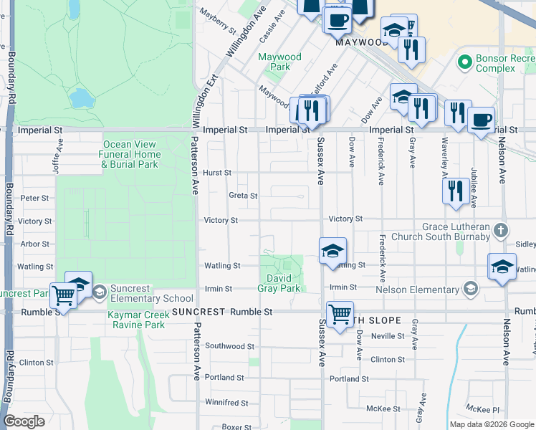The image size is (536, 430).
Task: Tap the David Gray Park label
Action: coord(279,283)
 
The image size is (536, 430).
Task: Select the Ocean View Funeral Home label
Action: coord(130,154)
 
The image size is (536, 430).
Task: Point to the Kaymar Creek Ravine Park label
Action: coord(136,320)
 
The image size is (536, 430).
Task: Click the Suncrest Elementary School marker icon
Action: coord(100,290)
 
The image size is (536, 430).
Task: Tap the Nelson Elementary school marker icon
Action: coord(470,289)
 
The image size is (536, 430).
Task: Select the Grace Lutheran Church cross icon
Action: coord(501,231)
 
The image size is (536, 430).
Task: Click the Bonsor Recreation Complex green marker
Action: coord(465,62)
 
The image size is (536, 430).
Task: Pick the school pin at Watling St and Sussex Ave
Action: coord(332,252)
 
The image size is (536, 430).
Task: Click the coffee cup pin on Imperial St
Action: coord(482,118)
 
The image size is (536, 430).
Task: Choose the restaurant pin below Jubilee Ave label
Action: coord(455,191)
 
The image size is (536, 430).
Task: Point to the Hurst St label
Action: coord(216,173)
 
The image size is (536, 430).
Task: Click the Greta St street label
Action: coord(242,195)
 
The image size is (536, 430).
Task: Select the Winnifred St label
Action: coord(226,402)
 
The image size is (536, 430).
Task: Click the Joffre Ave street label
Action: coord(57,151)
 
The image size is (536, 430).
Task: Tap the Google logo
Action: coord(24,421)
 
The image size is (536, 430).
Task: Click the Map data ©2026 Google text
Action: coord(491,424)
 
